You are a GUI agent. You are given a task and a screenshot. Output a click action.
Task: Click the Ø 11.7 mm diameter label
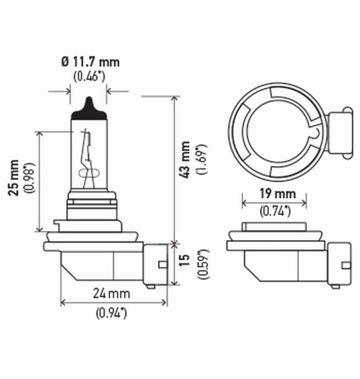[x=90, y=62]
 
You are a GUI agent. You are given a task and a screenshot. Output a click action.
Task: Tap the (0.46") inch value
[x=89, y=76]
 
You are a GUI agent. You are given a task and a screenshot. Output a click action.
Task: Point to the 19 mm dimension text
[x=274, y=194]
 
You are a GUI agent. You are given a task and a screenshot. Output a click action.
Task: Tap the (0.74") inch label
[x=274, y=210]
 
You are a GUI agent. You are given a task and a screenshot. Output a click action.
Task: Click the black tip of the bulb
[x=89, y=109]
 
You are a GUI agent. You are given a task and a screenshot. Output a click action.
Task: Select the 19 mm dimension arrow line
[x=274, y=202]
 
